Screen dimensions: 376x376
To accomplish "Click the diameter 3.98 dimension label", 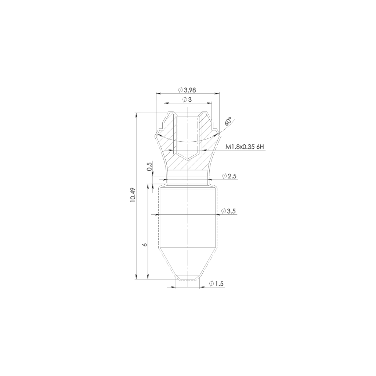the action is tap(187, 90).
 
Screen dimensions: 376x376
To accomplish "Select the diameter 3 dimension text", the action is tap(187, 100).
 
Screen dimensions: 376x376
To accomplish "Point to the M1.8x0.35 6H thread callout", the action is tap(245, 147).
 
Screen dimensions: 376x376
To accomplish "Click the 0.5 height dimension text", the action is tap(149, 166).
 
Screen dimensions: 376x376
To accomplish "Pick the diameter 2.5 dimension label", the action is tap(229, 176).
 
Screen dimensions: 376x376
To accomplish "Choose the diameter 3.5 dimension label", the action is tap(229, 211).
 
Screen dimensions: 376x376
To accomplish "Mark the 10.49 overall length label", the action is tap(133, 195).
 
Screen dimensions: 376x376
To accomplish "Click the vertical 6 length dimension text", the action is tap(144, 245).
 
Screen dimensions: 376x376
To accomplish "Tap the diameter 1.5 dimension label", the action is tap(216, 284).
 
